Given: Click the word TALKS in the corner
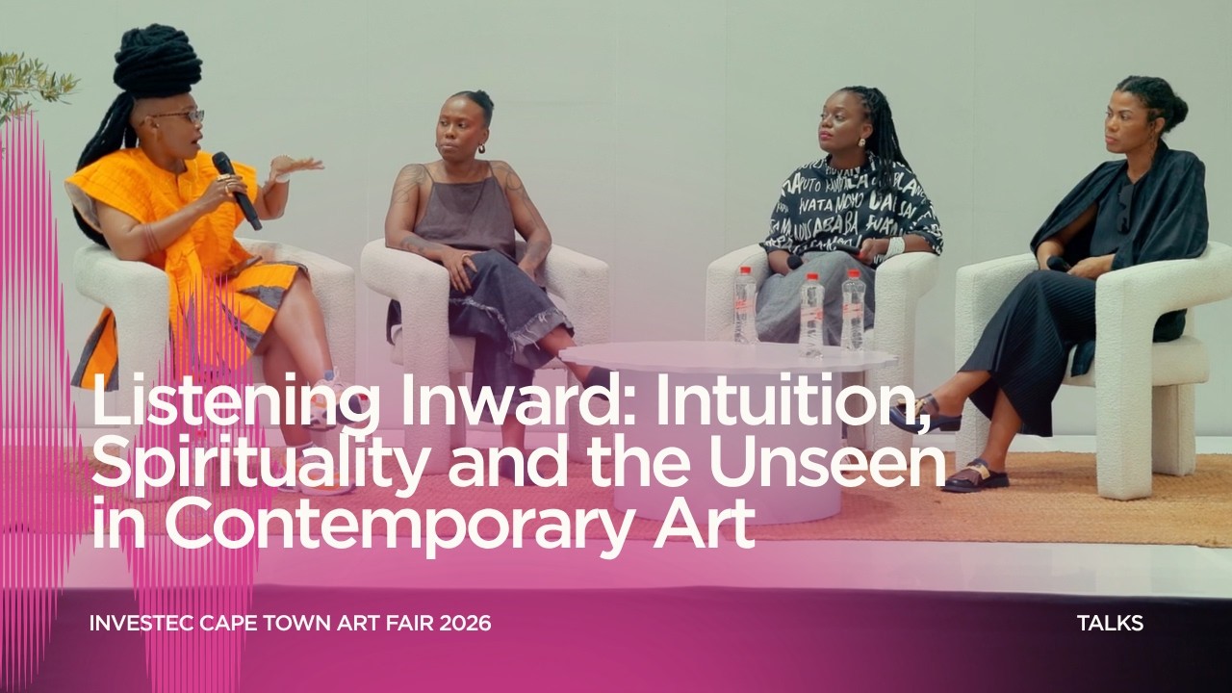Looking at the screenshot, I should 1110,623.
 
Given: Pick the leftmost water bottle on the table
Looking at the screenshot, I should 745,305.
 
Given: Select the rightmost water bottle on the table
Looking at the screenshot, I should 853,310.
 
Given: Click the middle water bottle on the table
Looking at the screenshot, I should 812,314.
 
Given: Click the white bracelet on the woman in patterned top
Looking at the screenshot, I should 895,246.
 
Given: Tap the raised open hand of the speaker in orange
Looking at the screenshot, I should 293,167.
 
